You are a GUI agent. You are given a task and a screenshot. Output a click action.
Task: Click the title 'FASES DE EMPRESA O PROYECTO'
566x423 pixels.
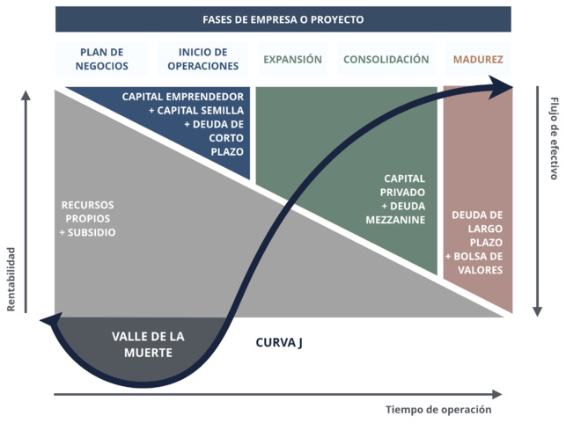click(x=283, y=19)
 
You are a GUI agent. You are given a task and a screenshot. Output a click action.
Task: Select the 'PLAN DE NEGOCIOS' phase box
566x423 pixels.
click(x=103, y=60)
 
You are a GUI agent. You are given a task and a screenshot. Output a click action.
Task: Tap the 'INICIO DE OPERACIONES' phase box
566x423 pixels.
click(x=202, y=60)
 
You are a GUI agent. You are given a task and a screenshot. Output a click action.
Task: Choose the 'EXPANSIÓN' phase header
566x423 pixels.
click(x=293, y=60)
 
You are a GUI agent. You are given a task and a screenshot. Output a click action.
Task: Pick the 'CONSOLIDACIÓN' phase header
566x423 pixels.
click(x=386, y=60)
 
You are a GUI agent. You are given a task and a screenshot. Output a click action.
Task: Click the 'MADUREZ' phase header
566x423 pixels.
click(x=478, y=60)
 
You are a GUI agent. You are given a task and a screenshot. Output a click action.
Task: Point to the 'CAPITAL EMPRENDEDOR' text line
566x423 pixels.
click(x=183, y=95)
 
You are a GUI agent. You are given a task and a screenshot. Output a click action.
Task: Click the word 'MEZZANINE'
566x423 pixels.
click(x=395, y=220)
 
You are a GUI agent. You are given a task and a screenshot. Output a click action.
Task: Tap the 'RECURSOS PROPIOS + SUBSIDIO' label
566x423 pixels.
click(x=87, y=218)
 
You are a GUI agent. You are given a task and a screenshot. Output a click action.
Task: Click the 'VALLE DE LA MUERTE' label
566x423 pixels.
click(x=148, y=344)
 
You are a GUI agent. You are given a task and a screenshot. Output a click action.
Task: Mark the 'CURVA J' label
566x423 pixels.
click(x=279, y=342)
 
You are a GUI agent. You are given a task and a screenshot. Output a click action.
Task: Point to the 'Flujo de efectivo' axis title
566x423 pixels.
click(x=554, y=138)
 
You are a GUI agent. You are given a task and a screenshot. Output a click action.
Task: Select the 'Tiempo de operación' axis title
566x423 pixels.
click(x=437, y=410)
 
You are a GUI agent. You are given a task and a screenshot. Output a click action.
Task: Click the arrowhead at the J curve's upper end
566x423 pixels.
click(x=504, y=86)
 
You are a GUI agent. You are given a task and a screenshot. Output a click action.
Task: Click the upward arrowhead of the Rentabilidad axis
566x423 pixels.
click(x=27, y=97)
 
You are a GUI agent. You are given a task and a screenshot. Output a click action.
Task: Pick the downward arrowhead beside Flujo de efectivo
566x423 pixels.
click(x=536, y=310)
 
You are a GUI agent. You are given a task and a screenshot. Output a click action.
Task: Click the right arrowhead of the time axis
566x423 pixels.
click(x=497, y=394)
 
